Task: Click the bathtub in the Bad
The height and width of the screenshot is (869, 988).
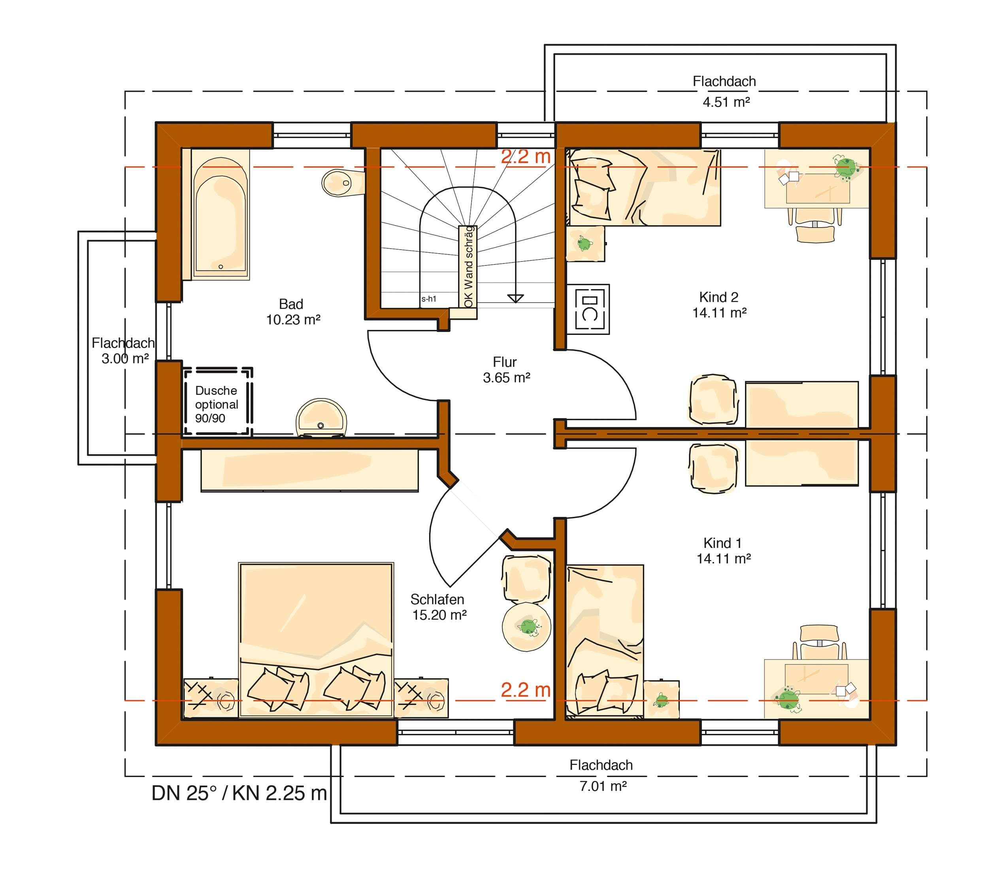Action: [221, 214]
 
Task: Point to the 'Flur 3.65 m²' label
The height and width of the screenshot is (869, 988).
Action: [506, 370]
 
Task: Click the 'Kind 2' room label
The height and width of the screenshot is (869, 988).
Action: [719, 297]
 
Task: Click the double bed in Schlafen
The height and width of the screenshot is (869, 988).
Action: [316, 640]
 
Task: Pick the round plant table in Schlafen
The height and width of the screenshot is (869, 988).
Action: [526, 627]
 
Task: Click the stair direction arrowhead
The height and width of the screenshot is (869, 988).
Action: [516, 299]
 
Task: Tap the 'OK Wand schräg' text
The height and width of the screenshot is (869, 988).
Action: [468, 266]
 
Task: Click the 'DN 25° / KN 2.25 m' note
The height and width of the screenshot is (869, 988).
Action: [239, 793]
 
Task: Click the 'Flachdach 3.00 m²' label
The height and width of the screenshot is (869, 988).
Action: [123, 350]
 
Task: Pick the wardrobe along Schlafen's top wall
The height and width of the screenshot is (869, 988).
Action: [309, 470]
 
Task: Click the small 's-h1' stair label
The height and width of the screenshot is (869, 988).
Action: [429, 299]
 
